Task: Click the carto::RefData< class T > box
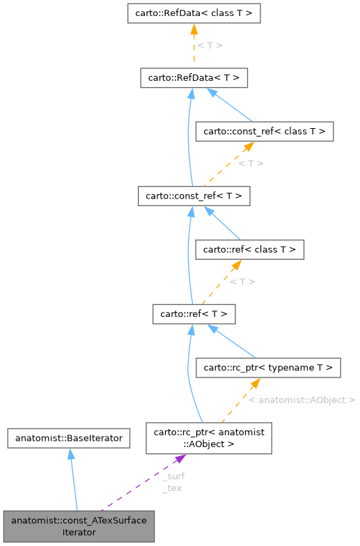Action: pos(194,13)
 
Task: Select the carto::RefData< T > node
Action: pos(194,77)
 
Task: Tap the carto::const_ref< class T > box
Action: pos(265,131)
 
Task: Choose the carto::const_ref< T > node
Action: pos(194,196)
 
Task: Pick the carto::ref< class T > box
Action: pos(250,249)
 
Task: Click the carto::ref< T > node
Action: pos(194,313)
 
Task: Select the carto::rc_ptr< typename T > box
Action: pos(269,367)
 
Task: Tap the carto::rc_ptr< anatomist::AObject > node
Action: pos(209,437)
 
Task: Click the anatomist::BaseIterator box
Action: pos(69,438)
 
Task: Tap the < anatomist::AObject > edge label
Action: pos(302,400)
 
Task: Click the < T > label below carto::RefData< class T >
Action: pos(210,45)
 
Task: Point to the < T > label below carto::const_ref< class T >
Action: pos(250,164)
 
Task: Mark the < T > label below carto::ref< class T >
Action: pos(242,281)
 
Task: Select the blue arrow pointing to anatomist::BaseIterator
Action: pos(72,481)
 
